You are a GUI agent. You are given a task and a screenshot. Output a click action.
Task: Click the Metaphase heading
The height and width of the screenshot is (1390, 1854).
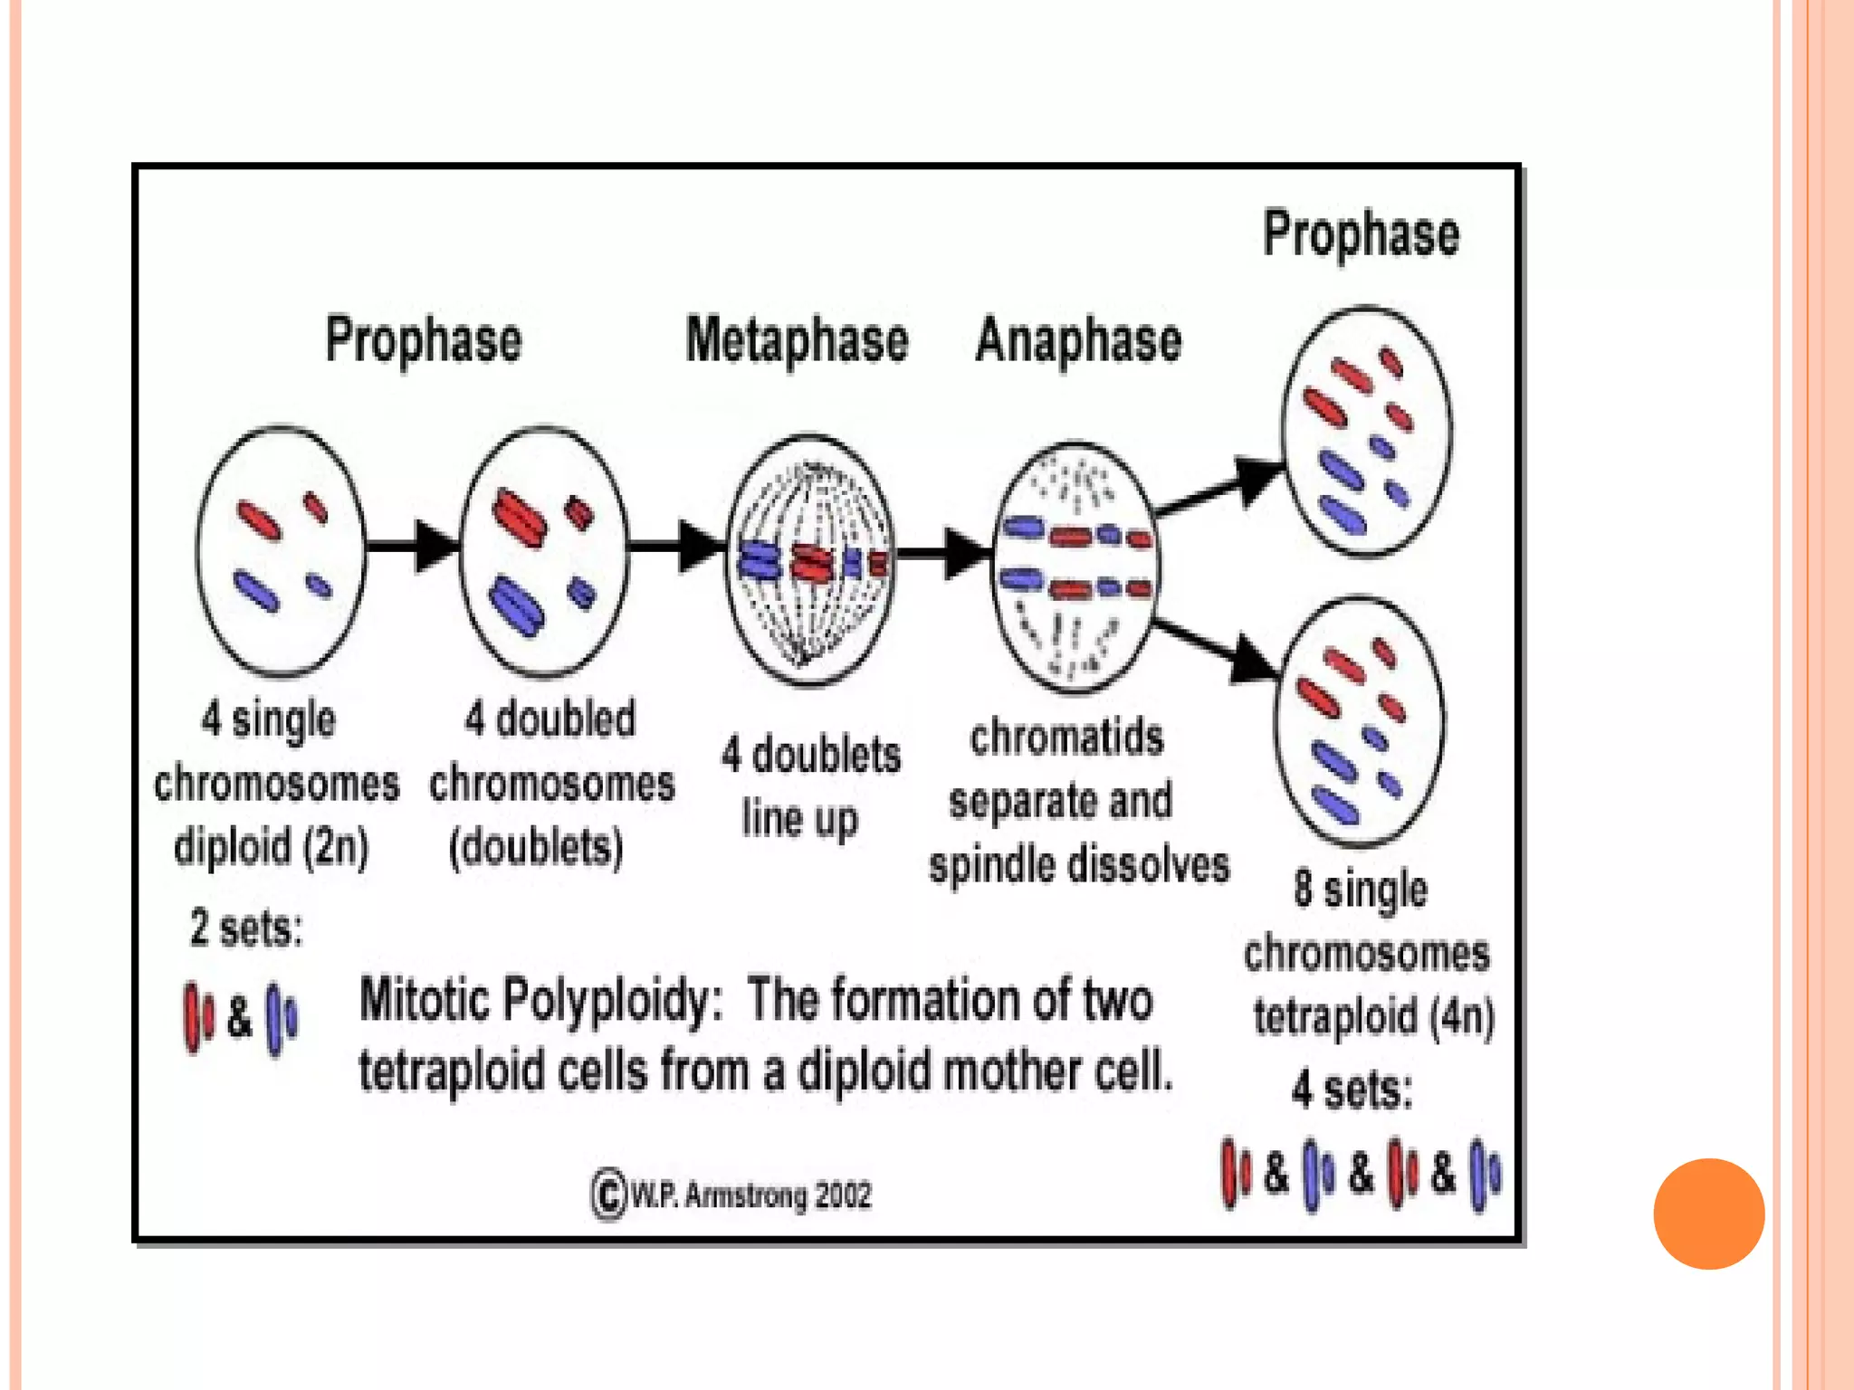pyautogui.click(x=797, y=340)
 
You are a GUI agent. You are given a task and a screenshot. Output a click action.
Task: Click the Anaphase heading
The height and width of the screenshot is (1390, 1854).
pyautogui.click(x=1078, y=340)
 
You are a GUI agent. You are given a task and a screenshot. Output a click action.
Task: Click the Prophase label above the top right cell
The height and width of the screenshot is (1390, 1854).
pyautogui.click(x=1361, y=233)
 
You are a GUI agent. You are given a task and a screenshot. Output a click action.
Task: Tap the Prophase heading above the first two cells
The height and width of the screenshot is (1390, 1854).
pyautogui.click(x=424, y=340)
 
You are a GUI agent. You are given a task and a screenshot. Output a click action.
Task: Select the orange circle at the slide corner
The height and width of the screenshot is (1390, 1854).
pyautogui.click(x=1708, y=1214)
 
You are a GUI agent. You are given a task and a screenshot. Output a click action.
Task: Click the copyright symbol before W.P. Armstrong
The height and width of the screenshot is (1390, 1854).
pyautogui.click(x=608, y=1195)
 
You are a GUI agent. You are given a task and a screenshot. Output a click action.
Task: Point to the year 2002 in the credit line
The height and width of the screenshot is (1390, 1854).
pyautogui.click(x=843, y=1195)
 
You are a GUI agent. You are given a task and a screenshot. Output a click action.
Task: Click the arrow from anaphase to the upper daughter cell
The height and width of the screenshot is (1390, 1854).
pyautogui.click(x=1222, y=489)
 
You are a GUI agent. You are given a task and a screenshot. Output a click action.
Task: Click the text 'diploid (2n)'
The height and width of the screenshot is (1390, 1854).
pyautogui.click(x=272, y=847)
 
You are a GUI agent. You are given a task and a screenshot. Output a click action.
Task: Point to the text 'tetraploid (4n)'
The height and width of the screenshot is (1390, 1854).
pyautogui.click(x=1373, y=1016)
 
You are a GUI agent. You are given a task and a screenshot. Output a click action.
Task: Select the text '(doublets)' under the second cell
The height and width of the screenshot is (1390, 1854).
pyautogui.click(x=537, y=847)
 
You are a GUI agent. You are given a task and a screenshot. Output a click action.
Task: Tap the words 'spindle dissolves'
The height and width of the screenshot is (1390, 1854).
pyautogui.click(x=1079, y=864)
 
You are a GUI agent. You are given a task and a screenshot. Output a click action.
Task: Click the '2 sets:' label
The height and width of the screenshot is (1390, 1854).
pyautogui.click(x=246, y=928)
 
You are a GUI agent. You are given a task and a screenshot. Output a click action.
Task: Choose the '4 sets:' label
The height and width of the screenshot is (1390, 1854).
pyautogui.click(x=1352, y=1089)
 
